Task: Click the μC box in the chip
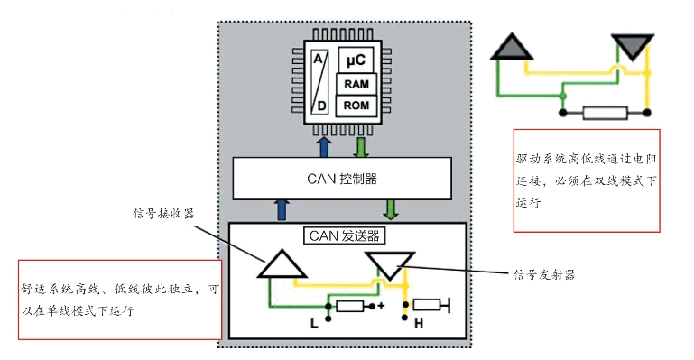point(356,60)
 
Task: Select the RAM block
point(356,84)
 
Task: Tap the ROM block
point(356,106)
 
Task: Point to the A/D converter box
point(319,82)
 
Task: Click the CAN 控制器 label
point(342,179)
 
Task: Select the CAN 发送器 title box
point(345,235)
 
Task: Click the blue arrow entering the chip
point(324,147)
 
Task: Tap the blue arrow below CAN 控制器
point(282,209)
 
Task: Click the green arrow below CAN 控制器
point(391,209)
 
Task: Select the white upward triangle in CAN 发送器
point(282,264)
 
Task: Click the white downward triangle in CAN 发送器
point(390,265)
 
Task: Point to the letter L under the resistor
point(314,324)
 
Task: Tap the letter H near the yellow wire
point(419,324)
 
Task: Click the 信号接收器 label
point(163,213)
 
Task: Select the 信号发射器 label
point(544,274)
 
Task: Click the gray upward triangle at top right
point(512,46)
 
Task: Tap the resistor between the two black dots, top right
point(605,113)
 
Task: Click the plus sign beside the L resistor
point(381,306)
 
